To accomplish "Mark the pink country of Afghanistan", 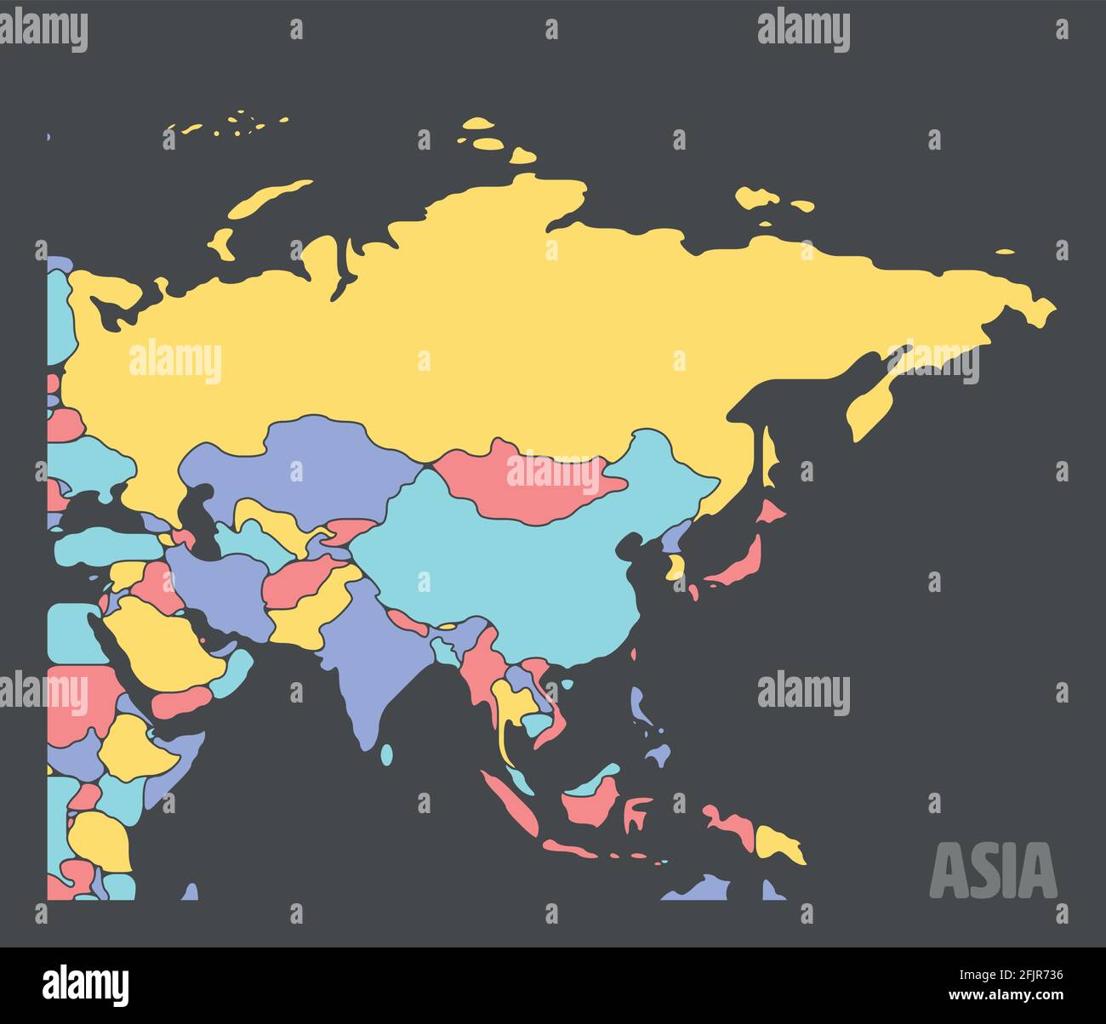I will (302, 578).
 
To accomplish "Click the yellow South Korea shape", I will (676, 566).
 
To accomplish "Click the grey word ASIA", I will (993, 870).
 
